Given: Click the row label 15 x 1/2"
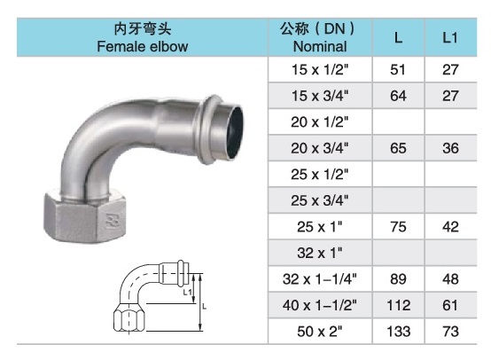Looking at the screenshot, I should pyautogui.click(x=320, y=67).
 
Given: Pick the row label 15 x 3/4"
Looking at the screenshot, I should pyautogui.click(x=320, y=94).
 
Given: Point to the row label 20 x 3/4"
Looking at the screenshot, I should pyautogui.click(x=320, y=149).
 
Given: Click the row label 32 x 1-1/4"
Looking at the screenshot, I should pyautogui.click(x=320, y=279).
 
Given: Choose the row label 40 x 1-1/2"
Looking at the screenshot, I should pyautogui.click(x=320, y=307).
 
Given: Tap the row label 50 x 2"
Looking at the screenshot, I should pyautogui.click(x=320, y=333).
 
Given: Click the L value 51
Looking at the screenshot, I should pyautogui.click(x=399, y=67).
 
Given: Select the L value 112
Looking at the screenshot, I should pyautogui.click(x=399, y=307).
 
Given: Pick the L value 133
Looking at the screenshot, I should pyautogui.click(x=399, y=333).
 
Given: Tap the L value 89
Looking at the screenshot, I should pyautogui.click(x=399, y=279).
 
